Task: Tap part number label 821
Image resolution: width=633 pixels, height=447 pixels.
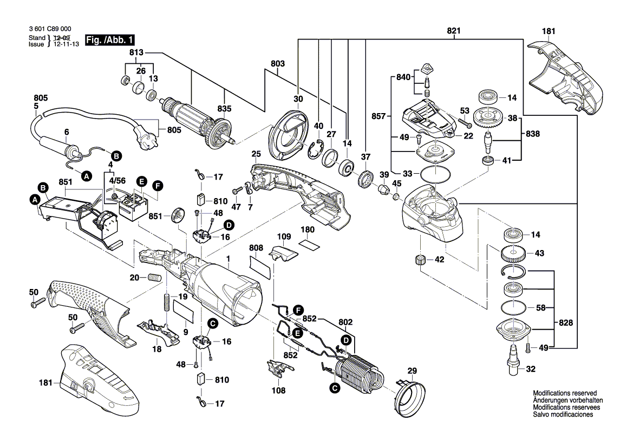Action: pyautogui.click(x=454, y=31)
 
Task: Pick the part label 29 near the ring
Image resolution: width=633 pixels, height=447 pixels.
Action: pyautogui.click(x=412, y=371)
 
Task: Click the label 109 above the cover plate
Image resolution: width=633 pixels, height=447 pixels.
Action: pyautogui.click(x=284, y=236)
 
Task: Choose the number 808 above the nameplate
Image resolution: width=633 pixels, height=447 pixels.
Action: pyautogui.click(x=256, y=248)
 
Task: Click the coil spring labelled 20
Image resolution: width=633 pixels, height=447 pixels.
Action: pyautogui.click(x=155, y=278)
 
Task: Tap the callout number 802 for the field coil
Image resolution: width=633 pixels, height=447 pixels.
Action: pyautogui.click(x=345, y=322)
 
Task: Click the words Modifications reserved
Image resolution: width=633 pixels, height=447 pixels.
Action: pyautogui.click(x=565, y=393)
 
